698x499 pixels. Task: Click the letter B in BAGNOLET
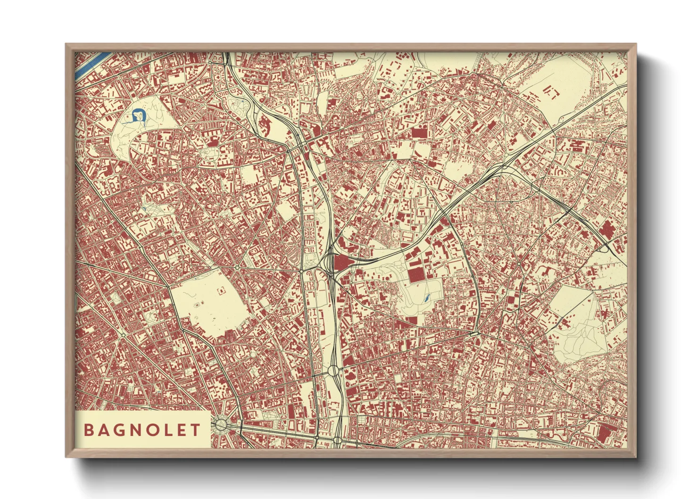88,430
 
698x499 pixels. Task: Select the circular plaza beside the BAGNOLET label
220,425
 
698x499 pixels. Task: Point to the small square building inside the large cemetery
220,291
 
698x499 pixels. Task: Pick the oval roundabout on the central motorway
334,371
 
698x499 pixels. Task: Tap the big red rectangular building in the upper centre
418,133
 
